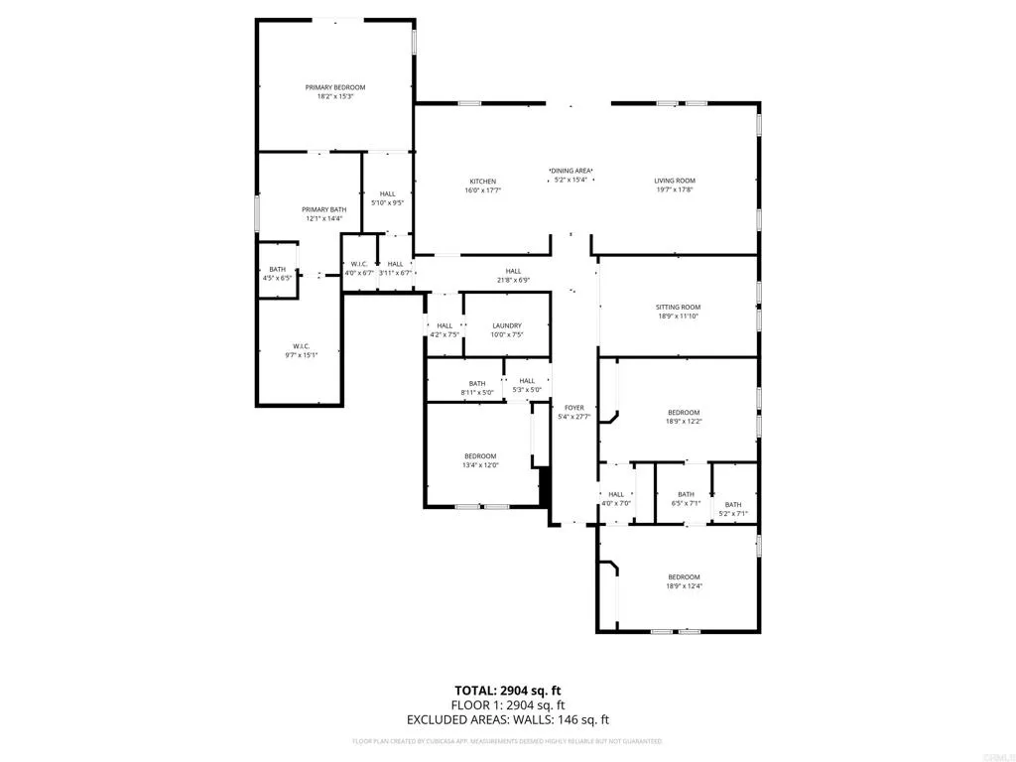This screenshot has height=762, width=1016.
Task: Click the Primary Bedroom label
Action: tap(334, 87)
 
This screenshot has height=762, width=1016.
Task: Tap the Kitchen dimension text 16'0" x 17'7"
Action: tap(483, 190)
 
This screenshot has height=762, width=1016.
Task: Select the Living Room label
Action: tap(674, 181)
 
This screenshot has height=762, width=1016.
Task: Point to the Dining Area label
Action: tap(571, 171)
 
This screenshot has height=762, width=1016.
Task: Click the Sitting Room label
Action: tap(679, 308)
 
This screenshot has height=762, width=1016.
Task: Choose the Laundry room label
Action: tap(507, 325)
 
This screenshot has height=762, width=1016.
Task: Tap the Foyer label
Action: tap(574, 408)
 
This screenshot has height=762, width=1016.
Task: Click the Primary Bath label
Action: tap(323, 209)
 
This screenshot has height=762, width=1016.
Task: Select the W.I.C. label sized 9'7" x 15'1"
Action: tap(302, 346)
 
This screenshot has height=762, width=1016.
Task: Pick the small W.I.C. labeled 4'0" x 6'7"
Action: tap(357, 264)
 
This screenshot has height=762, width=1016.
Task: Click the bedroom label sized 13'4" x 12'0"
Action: tap(480, 456)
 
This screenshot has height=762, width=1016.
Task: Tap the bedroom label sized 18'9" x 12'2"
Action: tap(683, 413)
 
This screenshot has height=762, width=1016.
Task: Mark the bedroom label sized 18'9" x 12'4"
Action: tap(683, 577)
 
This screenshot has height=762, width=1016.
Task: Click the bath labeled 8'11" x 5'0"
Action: tap(477, 384)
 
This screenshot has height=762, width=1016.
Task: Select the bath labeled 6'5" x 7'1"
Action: tap(686, 495)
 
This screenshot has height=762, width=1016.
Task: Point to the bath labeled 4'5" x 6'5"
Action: tap(277, 270)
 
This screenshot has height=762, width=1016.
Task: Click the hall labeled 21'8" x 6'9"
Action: tap(513, 271)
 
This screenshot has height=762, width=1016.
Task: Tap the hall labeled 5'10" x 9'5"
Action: tap(387, 193)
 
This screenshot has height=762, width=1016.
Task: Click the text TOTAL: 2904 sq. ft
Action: tap(507, 690)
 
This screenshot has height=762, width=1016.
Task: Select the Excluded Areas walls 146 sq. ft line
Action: tap(507, 719)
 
